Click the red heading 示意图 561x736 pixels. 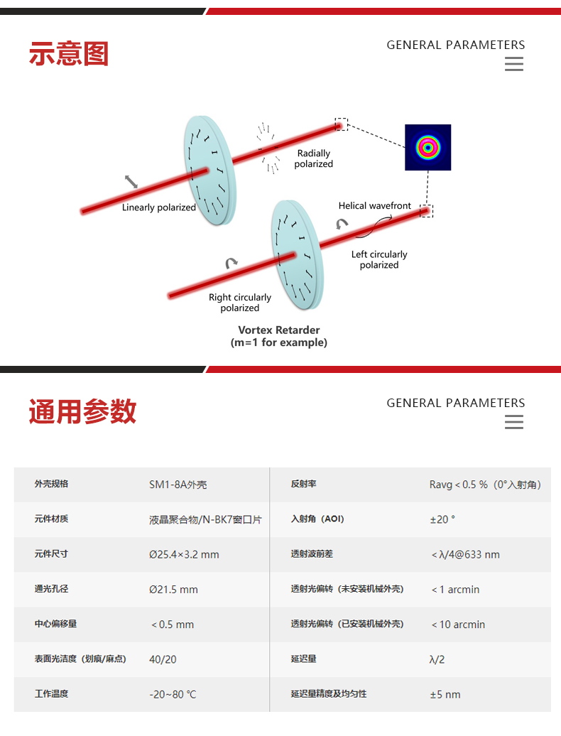(68, 54)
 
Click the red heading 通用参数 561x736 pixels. (82, 412)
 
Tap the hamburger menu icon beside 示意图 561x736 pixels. (513, 64)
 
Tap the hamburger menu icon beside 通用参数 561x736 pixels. (513, 422)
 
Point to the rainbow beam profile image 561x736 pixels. (427, 147)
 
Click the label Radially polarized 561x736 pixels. (314, 158)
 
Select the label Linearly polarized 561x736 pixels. (158, 207)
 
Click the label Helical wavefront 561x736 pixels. (374, 206)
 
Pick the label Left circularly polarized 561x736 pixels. (379, 259)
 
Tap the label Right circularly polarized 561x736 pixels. (240, 303)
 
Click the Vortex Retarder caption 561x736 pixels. (279, 336)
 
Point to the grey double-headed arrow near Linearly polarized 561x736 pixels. (131, 182)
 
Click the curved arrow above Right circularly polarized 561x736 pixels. (232, 264)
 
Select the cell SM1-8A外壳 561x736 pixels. (178, 485)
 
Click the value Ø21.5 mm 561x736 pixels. (173, 590)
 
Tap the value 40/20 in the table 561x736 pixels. (163, 659)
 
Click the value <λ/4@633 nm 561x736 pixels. (465, 554)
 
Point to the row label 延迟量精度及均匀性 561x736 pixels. (329, 693)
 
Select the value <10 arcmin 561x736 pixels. (458, 624)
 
